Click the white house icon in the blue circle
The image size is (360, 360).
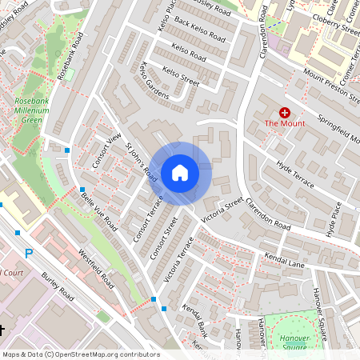click(x=180, y=172)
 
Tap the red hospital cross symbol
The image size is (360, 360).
click(x=285, y=113)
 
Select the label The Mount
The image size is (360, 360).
click(x=284, y=124)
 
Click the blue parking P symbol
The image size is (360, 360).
click(x=30, y=254)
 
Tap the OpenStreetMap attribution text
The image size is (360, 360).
click(x=80, y=354)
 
